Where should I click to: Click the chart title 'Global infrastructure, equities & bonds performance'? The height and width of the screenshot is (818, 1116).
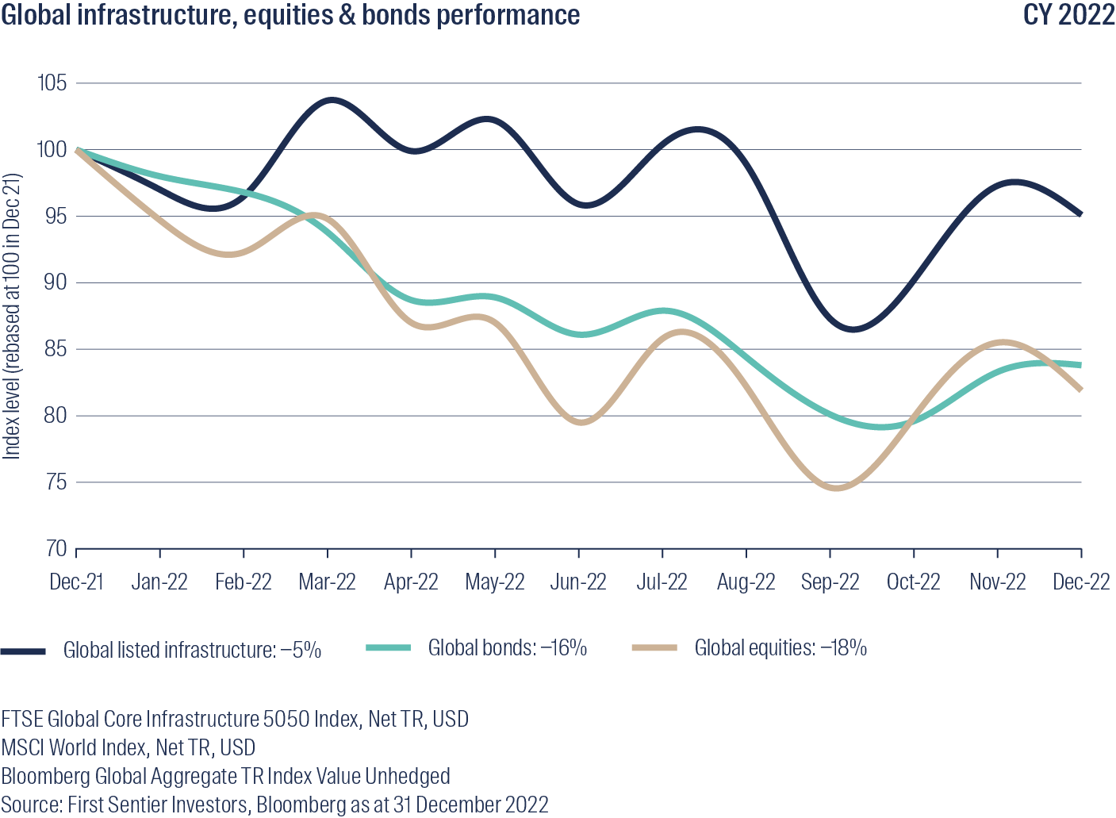290,15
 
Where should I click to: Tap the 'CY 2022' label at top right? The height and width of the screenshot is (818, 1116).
1068,15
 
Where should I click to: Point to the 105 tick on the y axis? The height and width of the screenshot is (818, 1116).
52,83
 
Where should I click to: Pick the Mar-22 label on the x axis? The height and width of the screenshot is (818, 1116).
327,582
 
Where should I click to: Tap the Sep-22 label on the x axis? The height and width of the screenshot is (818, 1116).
830,582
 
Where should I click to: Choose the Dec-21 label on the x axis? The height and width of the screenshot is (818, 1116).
76,582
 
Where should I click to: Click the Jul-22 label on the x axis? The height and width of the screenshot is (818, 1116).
662,582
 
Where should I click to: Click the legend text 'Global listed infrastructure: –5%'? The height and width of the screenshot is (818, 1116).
192,651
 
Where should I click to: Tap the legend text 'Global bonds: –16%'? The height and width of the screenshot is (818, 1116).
507,648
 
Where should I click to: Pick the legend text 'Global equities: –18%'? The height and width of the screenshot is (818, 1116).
780,648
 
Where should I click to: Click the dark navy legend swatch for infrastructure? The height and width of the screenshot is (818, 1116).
23,651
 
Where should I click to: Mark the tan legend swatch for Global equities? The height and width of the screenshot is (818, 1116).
654,648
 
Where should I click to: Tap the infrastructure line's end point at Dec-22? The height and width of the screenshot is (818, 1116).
1080,213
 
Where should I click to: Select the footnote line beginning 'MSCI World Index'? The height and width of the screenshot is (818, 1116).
128,747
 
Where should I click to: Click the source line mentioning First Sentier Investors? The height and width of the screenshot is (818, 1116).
274,805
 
